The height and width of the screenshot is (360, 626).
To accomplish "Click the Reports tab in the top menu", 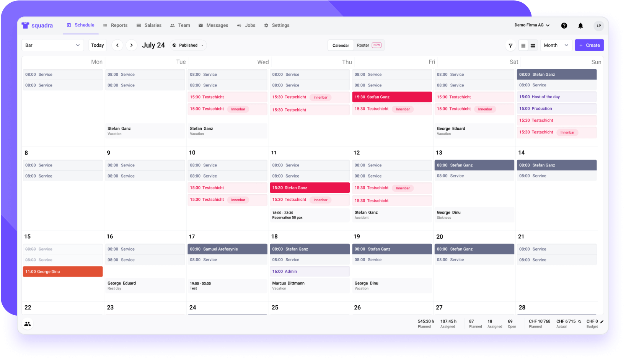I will [115, 25].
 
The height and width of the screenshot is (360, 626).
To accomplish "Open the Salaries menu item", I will [149, 25].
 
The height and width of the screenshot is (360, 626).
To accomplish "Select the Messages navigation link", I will [213, 25].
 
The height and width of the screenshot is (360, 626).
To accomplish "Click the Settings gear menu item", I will [277, 25].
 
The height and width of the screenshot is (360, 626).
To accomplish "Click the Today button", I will [98, 45].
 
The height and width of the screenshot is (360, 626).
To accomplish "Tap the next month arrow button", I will [132, 45].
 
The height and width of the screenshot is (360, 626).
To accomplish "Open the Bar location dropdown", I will [52, 45].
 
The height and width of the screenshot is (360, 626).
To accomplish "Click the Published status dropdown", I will [188, 45].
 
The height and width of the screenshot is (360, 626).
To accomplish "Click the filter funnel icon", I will [510, 46].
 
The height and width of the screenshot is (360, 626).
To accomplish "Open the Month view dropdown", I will [556, 45].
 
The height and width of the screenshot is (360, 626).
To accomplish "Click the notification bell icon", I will [580, 26].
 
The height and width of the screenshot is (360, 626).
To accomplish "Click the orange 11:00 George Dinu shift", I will [63, 272].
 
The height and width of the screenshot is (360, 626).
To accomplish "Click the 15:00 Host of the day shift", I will [556, 97].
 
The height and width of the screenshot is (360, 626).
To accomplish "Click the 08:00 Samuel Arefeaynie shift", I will [227, 249].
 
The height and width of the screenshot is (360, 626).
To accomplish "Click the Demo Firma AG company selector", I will [532, 25].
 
